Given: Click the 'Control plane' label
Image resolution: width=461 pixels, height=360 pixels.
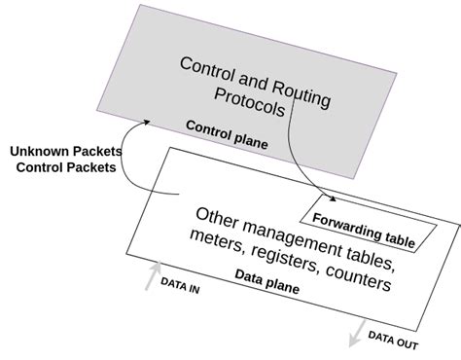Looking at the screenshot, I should click(x=227, y=135).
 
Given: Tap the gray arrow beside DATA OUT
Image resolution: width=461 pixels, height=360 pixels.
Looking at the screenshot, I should click(x=356, y=334).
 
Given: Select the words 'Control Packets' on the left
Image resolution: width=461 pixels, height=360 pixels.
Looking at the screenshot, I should click(x=65, y=167).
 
